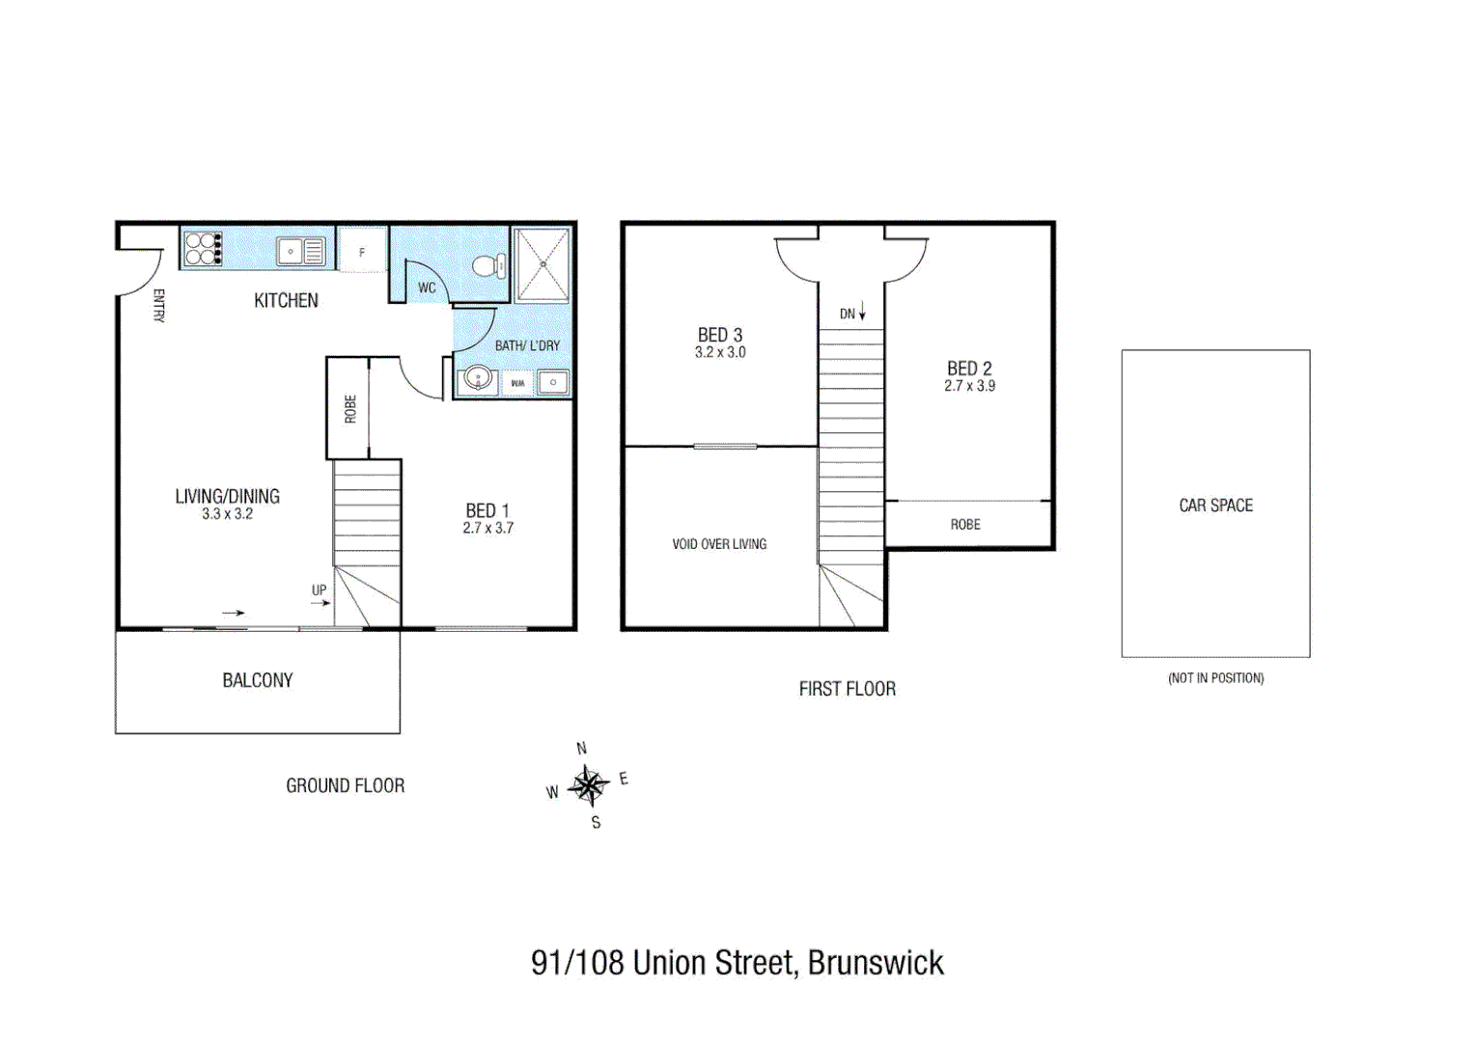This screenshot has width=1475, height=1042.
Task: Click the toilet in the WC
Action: pyautogui.click(x=491, y=265)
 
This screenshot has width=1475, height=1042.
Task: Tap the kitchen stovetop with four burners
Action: pyautogui.click(x=202, y=249)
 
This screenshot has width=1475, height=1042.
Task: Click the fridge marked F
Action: pyautogui.click(x=362, y=252)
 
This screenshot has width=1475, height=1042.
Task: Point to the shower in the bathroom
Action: pyautogui.click(x=543, y=265)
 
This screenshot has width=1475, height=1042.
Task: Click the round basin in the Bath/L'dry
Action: pyautogui.click(x=478, y=378)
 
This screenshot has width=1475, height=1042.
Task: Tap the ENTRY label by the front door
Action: pyautogui.click(x=159, y=305)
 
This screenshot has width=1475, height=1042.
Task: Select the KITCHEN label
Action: pyautogui.click(x=286, y=301)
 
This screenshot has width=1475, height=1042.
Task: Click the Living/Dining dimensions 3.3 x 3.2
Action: pyautogui.click(x=227, y=514)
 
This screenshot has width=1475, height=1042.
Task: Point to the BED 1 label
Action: pyautogui.click(x=487, y=510)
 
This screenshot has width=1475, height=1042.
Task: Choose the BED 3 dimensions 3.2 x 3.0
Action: pyautogui.click(x=720, y=353)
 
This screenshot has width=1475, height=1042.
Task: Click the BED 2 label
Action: pyautogui.click(x=969, y=369)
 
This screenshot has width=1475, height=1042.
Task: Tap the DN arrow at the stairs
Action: pyautogui.click(x=862, y=312)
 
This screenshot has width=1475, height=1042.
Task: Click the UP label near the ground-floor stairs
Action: pyautogui.click(x=319, y=590)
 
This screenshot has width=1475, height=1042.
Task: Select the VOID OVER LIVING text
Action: pyautogui.click(x=719, y=544)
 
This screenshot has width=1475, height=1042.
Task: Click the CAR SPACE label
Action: pyautogui.click(x=1215, y=506)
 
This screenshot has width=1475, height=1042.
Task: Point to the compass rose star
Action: pyautogui.click(x=588, y=785)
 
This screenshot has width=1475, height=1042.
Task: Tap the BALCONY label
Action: pyautogui.click(x=257, y=681)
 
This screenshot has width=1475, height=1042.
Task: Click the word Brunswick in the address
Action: pyautogui.click(x=876, y=963)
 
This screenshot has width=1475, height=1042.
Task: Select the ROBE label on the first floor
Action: pyautogui.click(x=965, y=525)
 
